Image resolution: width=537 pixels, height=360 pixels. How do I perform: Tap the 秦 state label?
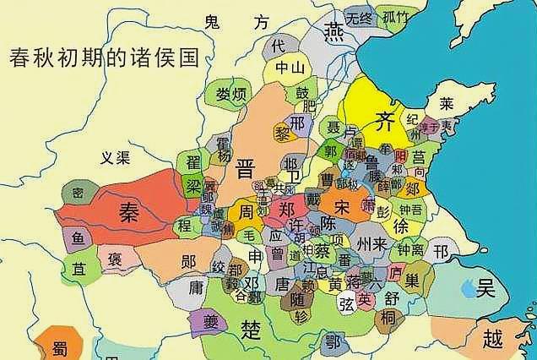(128, 210)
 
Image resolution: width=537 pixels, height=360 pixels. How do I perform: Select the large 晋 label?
(246, 166)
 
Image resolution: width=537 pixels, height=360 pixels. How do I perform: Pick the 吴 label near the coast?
(484, 289)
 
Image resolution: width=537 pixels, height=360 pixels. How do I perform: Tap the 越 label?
(492, 338)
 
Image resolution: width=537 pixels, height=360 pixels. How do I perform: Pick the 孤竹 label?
(395, 17)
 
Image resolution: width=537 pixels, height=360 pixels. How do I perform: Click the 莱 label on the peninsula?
(446, 103)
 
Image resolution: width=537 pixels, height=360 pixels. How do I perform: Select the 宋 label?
(342, 207)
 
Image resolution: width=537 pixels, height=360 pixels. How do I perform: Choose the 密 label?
(78, 194)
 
